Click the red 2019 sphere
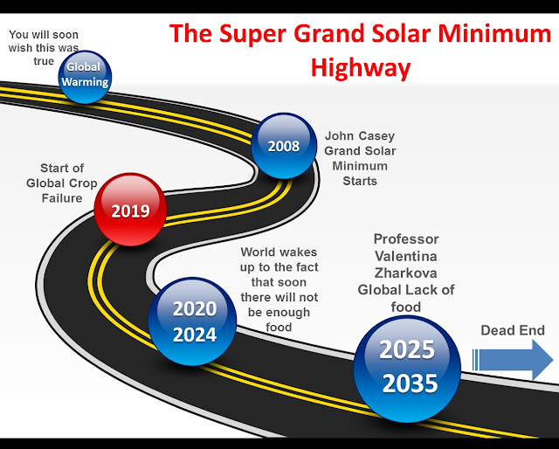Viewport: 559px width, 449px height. (x=130, y=210)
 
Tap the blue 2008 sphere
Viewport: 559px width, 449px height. (x=284, y=146)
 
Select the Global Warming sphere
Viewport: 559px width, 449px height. (x=85, y=77)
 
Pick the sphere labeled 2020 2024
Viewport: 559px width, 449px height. (x=192, y=321)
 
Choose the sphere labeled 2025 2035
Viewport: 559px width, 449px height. (x=407, y=369)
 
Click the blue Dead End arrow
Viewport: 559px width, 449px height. (x=513, y=360)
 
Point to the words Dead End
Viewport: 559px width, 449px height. (x=513, y=330)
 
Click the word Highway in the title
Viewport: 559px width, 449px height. (x=361, y=68)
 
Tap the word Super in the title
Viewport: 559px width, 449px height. (x=252, y=34)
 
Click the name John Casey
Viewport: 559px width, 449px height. (x=360, y=136)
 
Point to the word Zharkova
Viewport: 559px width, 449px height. (x=405, y=273)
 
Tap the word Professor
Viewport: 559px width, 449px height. (x=406, y=239)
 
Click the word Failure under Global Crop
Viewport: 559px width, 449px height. (x=62, y=198)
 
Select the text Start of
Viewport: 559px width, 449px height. (x=62, y=168)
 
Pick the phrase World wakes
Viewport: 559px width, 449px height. (x=279, y=252)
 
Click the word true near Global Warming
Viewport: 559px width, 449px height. (x=44, y=61)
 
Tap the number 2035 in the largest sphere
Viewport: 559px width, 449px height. (x=410, y=383)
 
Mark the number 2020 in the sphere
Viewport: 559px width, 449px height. (x=195, y=309)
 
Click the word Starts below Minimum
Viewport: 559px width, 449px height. (x=360, y=181)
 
